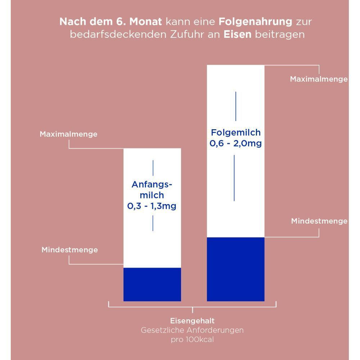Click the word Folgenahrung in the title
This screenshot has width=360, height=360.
coord(255,22)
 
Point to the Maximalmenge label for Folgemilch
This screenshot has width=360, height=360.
coord(319,79)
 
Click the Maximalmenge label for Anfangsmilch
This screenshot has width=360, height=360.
coord(68,134)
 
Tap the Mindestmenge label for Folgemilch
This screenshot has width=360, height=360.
coord(319,221)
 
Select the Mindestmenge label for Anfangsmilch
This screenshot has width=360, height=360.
coord(69,249)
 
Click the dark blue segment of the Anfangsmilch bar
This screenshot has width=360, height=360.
coord(152,284)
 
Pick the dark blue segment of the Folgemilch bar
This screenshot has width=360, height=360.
coord(235,269)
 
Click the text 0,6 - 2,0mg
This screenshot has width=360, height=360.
coord(235,143)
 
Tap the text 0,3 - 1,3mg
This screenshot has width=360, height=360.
coord(152,206)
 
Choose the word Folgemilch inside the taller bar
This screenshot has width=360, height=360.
coord(235,132)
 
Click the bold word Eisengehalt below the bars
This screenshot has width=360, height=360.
coord(192,320)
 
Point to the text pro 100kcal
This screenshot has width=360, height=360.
coord(192,339)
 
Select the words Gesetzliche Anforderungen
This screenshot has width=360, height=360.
coord(192,330)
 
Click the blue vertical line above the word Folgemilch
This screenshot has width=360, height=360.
coord(235,106)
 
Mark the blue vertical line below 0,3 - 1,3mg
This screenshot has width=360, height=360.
coord(153,223)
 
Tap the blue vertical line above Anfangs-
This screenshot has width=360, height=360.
coord(153,168)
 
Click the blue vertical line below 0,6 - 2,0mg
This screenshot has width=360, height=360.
coord(234,178)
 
